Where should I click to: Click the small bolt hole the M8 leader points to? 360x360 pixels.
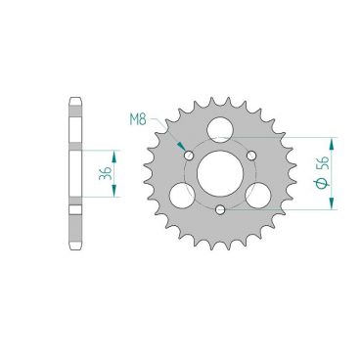tap(187, 155)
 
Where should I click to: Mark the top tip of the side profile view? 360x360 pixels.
tap(74, 97)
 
